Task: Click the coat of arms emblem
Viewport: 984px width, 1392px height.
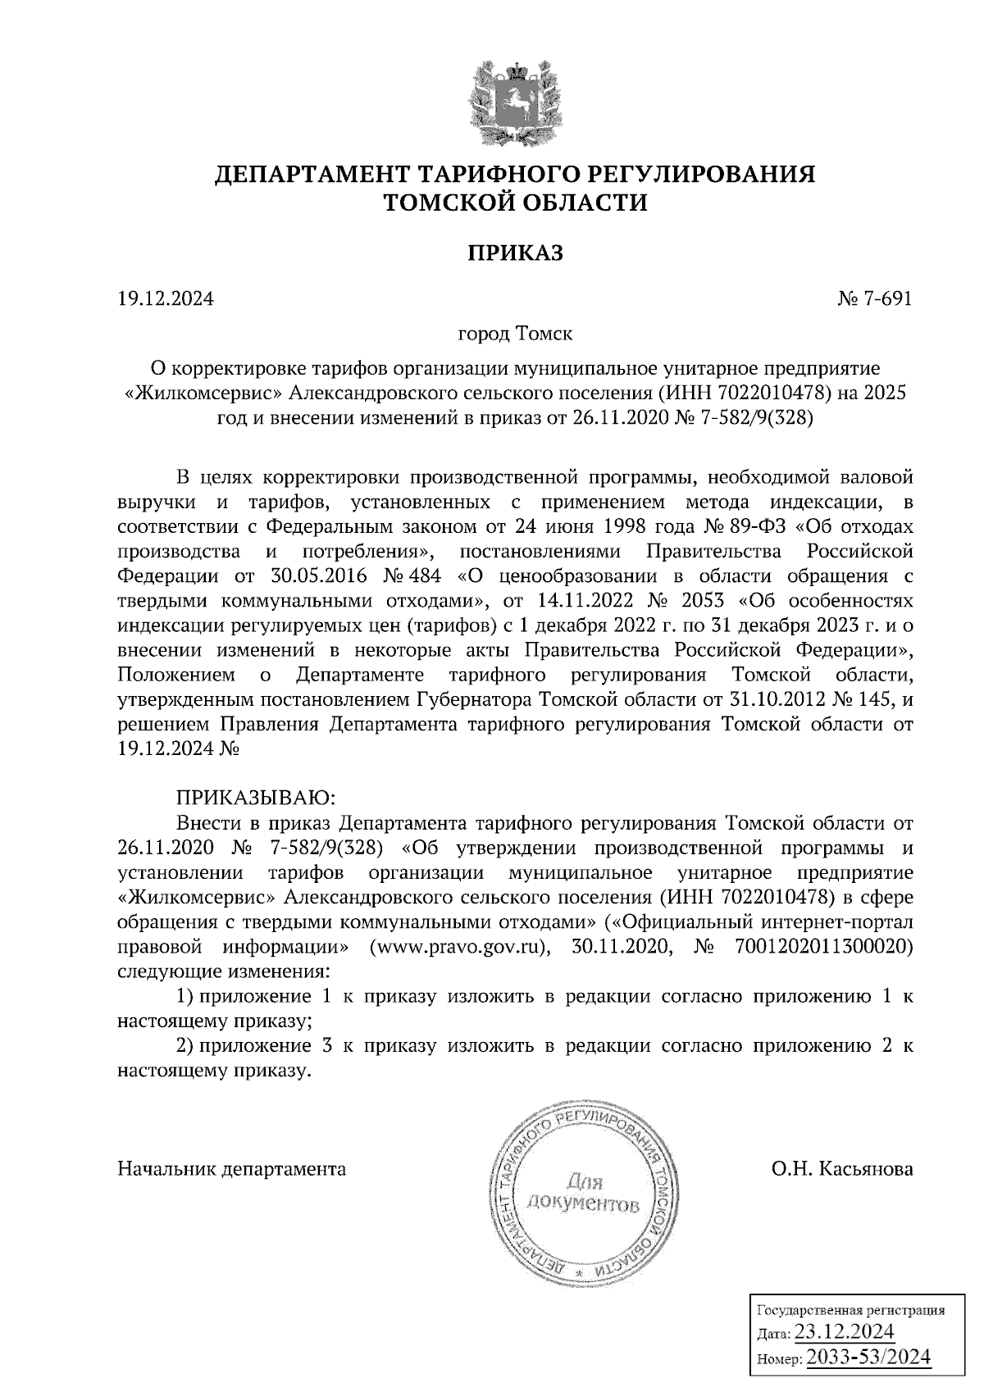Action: [x=515, y=102]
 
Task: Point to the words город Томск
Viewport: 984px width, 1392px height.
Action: [x=515, y=334]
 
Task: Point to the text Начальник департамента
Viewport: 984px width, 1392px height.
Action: [x=232, y=1168]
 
